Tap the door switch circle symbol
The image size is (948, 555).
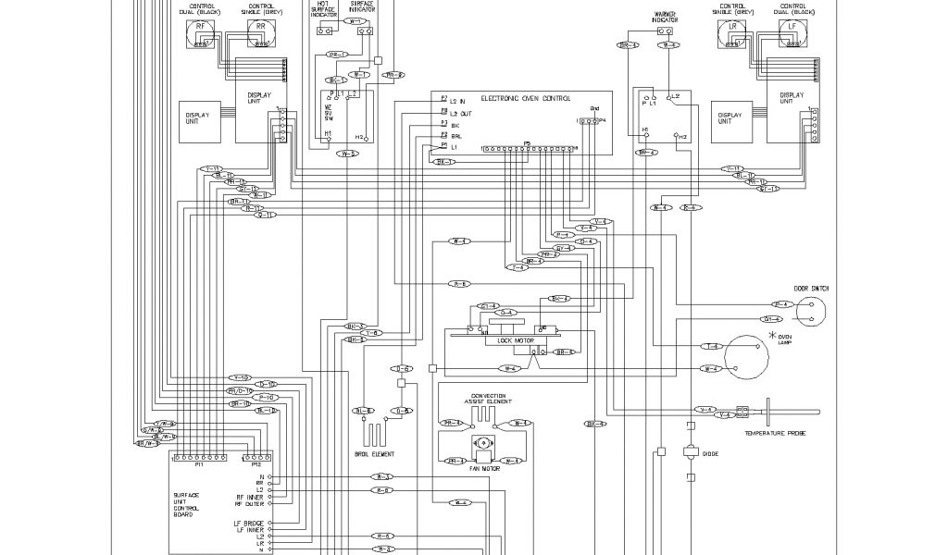point(809,312)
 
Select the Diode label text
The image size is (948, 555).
point(711,453)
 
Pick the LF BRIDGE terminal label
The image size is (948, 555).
point(249,523)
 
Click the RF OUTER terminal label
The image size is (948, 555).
point(250,504)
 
